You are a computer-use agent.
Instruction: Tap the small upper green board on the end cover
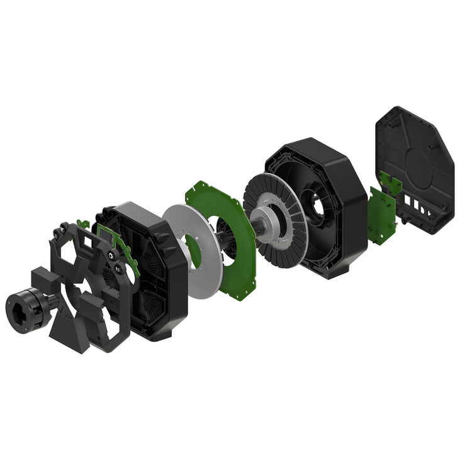391,183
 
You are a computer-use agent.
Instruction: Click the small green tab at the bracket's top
82,223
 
